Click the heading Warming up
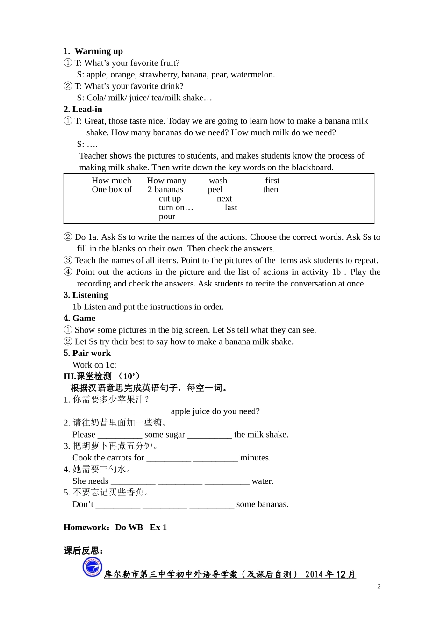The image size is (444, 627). tap(98, 51)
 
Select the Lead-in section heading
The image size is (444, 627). tap(83, 110)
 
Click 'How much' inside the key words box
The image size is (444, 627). tap(111, 181)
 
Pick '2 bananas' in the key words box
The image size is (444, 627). tap(165, 189)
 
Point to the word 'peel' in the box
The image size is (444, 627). tap(215, 189)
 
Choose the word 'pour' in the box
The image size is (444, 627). tap(167, 216)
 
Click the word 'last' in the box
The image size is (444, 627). tap(231, 208)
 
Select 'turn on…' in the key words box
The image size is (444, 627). tap(176, 208)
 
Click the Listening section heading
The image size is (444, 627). tap(86, 295)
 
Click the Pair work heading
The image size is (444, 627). tap(87, 353)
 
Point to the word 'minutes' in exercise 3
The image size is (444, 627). tap(255, 458)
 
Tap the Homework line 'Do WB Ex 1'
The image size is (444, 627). tap(141, 528)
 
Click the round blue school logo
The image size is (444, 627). tap(92, 567)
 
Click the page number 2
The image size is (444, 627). tap(379, 586)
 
